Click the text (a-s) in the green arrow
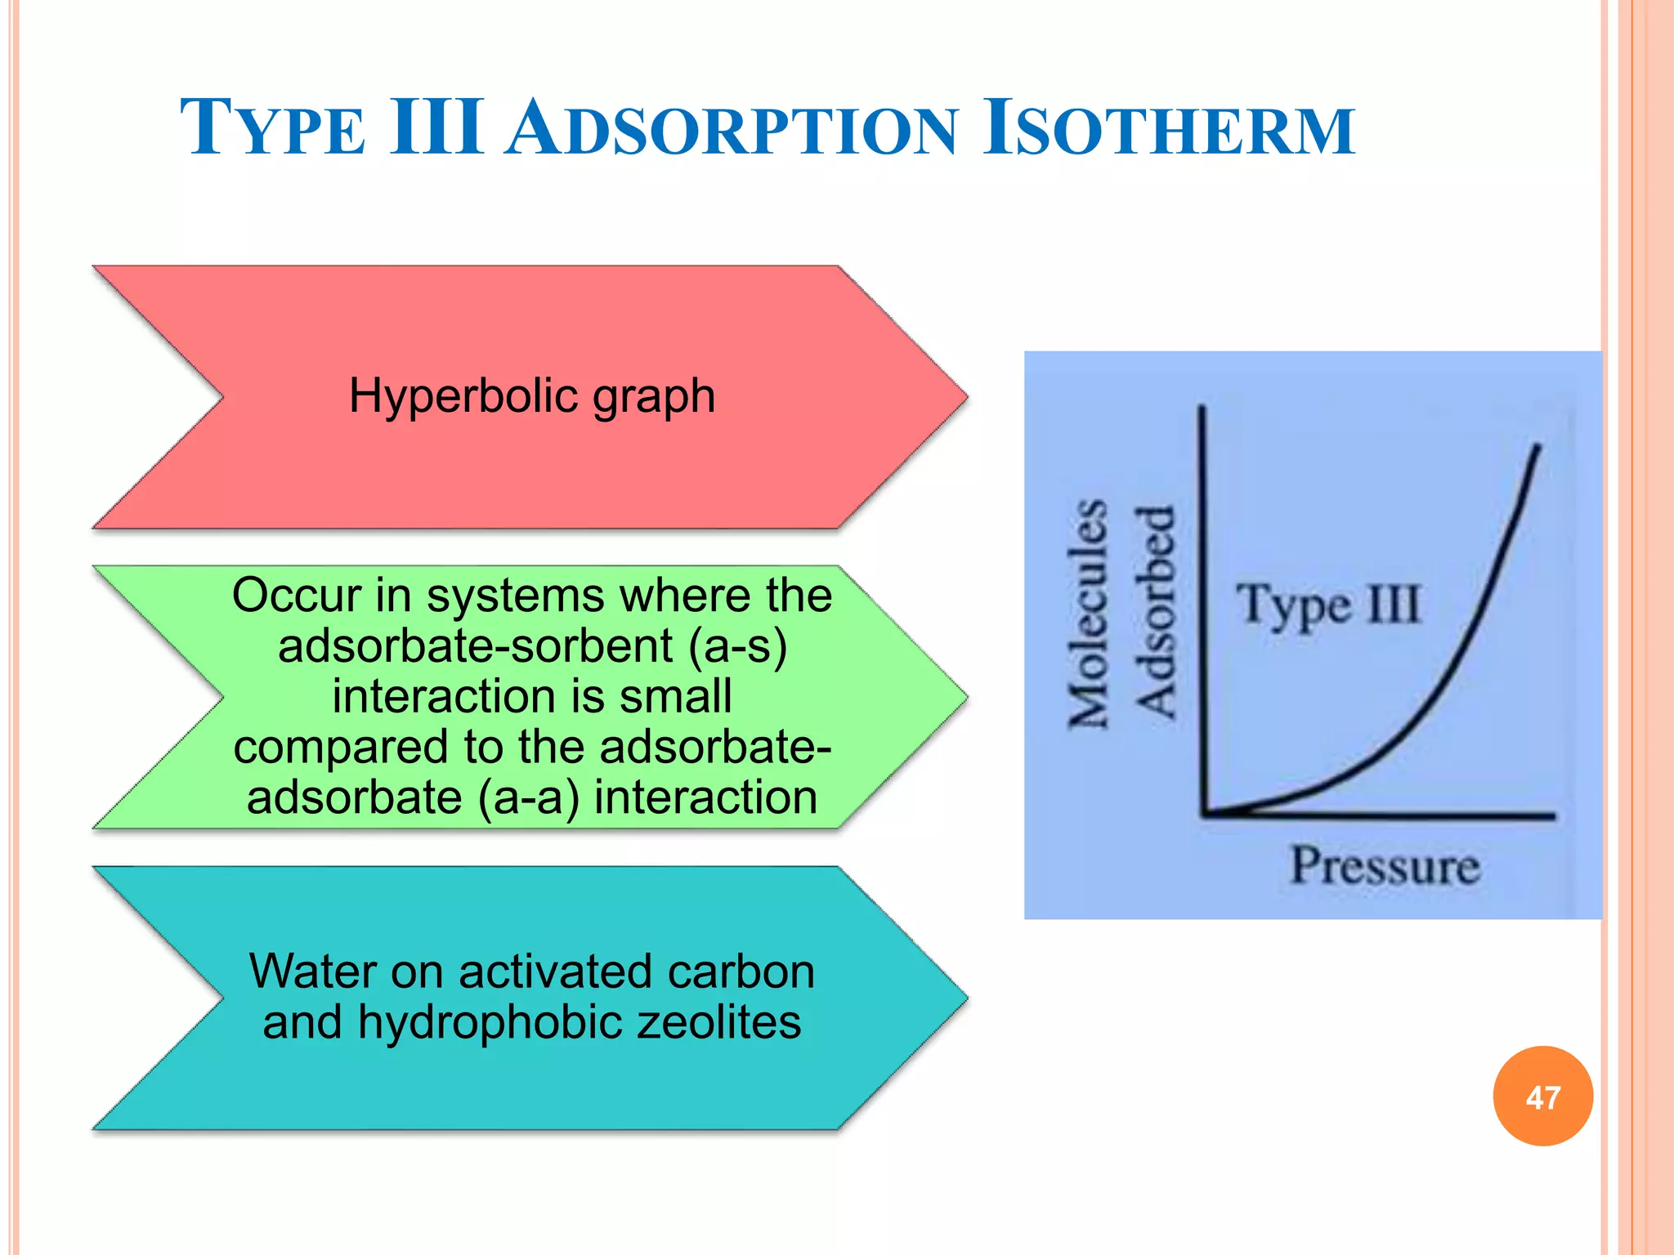click(737, 646)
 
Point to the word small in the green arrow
click(675, 697)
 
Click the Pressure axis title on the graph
click(1385, 866)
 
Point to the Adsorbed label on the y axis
click(1155, 613)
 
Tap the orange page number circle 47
click(1542, 1096)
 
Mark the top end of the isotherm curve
click(1537, 447)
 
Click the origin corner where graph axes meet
click(1205, 814)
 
